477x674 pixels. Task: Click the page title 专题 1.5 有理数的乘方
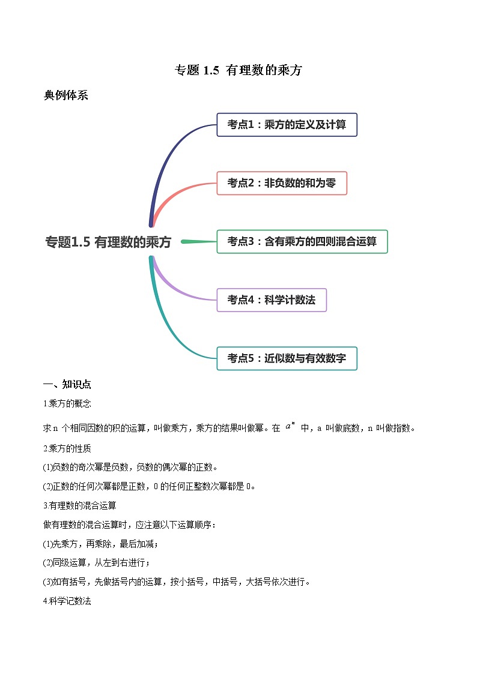click(238, 70)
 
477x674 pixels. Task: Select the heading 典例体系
click(66, 95)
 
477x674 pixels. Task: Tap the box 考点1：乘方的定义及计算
click(287, 125)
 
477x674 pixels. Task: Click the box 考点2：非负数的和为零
click(282, 183)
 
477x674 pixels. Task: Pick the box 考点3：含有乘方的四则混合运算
click(302, 241)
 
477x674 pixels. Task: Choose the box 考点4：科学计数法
click(271, 300)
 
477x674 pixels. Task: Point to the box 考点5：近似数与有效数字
click(287, 358)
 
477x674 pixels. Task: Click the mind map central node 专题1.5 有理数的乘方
click(108, 242)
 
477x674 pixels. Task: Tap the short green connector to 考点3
click(198, 242)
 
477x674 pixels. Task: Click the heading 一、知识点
click(67, 385)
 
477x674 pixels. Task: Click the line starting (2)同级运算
click(97, 562)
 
